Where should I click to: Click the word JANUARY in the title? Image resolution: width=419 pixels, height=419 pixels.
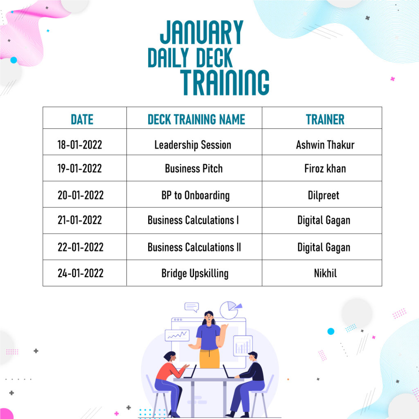[201, 32]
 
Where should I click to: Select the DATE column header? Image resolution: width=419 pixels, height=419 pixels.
[82, 119]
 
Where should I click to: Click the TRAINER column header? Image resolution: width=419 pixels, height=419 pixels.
[325, 119]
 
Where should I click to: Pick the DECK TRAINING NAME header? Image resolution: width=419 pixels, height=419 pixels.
[196, 119]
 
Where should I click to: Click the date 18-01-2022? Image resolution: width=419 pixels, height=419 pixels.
[80, 145]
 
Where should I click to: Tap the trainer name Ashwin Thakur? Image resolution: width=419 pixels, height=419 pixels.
[325, 145]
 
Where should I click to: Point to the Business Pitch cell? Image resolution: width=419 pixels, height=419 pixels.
[194, 169]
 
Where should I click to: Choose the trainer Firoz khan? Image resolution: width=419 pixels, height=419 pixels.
[325, 169]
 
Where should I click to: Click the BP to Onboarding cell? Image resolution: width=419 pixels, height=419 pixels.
[195, 195]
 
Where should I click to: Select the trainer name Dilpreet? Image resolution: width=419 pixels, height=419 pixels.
[323, 195]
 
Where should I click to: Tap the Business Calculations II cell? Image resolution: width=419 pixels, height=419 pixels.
[194, 247]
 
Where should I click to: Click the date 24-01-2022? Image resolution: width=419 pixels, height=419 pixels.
[81, 273]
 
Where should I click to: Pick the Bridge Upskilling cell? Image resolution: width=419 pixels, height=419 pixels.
[195, 273]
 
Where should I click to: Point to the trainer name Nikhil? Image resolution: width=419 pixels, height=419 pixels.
[325, 273]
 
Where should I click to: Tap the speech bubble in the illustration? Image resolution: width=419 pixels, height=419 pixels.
[191, 307]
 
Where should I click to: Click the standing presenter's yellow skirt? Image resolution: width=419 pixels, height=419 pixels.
[209, 358]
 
